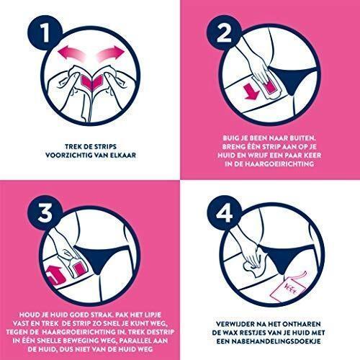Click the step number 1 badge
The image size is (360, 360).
pos(45,32)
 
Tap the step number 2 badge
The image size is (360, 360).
pos(224,32)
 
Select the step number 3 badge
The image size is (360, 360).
pos(45,212)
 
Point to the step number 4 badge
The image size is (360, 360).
pos(224,212)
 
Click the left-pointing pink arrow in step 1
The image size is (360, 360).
pos(72,53)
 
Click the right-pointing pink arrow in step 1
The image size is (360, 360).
pos(110,53)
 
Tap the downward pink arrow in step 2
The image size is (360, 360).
pos(251,91)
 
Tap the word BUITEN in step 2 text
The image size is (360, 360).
pos(302,138)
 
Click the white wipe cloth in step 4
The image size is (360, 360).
pos(254,264)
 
